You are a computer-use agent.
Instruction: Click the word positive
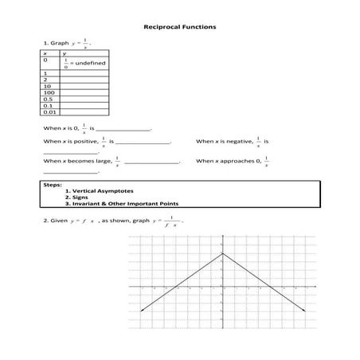point(85,142)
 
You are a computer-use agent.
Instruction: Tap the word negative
point(236,142)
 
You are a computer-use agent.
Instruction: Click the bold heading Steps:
point(52,185)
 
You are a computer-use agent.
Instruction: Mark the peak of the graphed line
point(222,254)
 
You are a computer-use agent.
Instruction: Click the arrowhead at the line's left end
point(141,310)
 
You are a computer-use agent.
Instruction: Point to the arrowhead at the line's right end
point(303,310)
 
